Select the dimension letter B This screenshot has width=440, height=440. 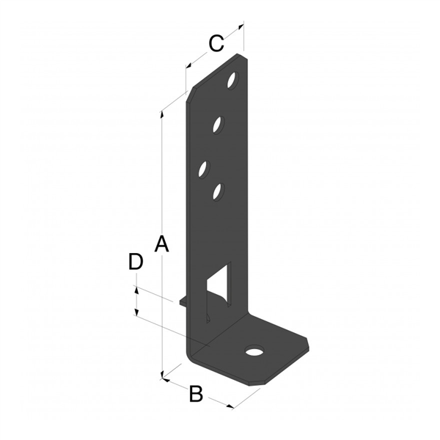tap(196, 394)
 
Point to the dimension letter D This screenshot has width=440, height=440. tap(135, 262)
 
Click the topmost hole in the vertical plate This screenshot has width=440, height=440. tap(233, 78)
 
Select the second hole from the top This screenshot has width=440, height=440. tap(219, 125)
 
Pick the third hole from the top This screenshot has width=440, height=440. tap(204, 169)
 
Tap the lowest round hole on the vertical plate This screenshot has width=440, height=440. tap(217, 191)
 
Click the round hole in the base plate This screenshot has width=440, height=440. tap(254, 351)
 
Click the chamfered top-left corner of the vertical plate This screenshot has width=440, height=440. tap(190, 94)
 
